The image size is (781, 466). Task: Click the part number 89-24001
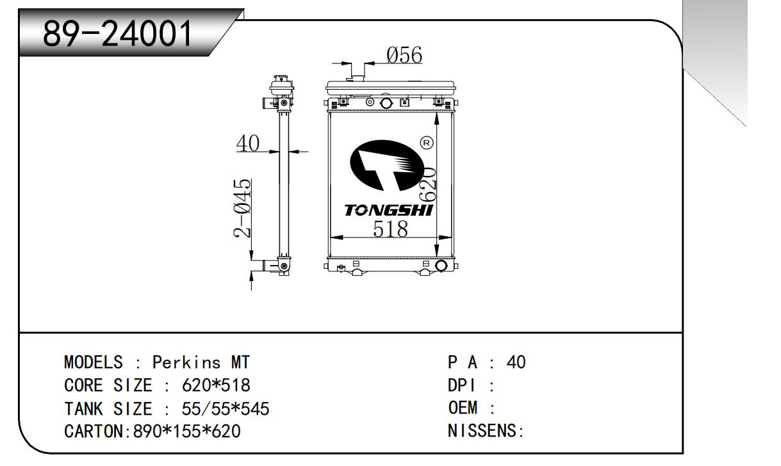[117, 33]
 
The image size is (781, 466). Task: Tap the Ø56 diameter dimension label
[404, 55]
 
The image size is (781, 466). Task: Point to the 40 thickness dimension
[248, 143]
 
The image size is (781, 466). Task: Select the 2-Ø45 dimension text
[242, 208]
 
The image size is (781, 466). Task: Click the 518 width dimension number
[390, 229]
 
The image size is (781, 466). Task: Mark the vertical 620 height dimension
[427, 184]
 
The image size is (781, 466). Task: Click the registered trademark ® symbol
[427, 143]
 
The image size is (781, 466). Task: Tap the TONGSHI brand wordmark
[388, 211]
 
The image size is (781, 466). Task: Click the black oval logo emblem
[387, 165]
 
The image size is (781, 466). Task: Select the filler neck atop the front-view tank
[358, 72]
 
